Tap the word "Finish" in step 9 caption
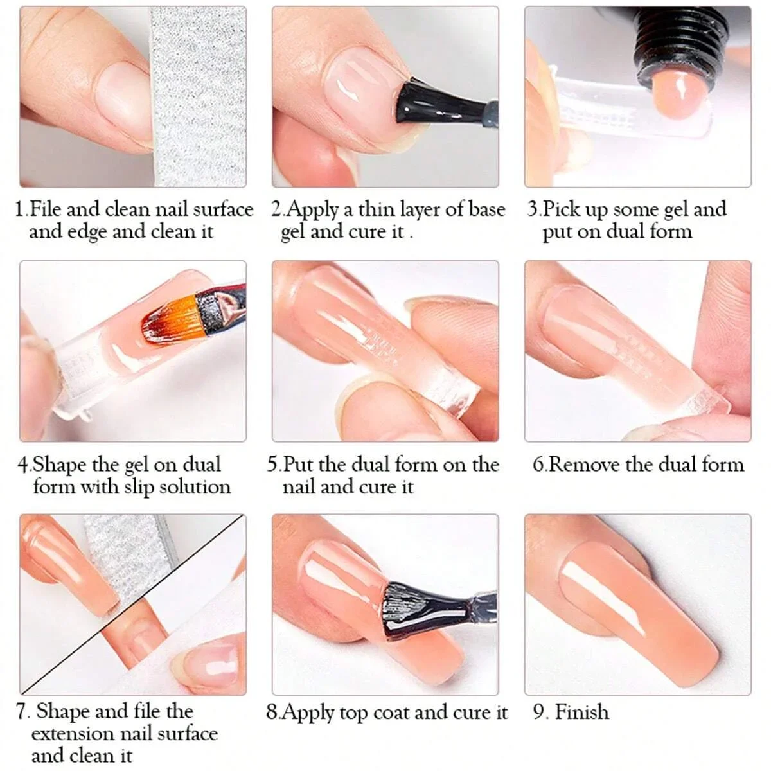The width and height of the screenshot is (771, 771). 581,713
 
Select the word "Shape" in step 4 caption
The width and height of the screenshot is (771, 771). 61,465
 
